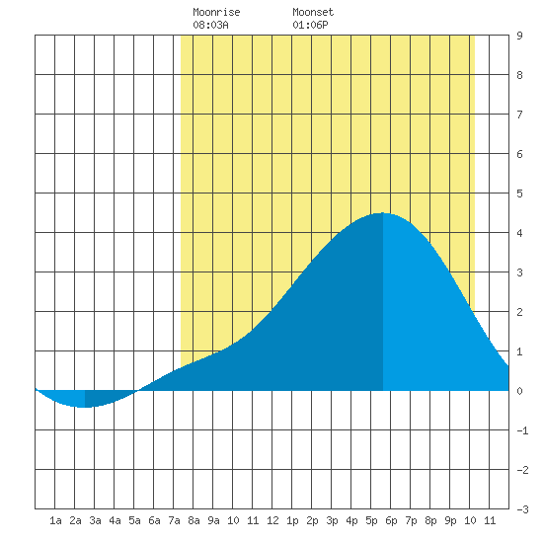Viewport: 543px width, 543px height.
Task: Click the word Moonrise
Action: click(x=216, y=12)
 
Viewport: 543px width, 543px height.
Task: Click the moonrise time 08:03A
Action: click(x=210, y=25)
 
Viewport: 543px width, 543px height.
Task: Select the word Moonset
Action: click(x=313, y=12)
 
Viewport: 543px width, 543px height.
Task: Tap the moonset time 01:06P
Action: click(x=310, y=25)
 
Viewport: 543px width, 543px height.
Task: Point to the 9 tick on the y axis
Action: click(x=519, y=36)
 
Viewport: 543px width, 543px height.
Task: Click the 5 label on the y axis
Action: click(x=519, y=194)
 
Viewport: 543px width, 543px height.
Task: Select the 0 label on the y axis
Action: click(x=519, y=391)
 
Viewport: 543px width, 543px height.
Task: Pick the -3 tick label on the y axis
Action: click(x=522, y=509)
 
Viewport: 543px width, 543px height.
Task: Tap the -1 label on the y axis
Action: click(x=522, y=430)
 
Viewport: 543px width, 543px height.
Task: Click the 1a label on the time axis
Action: click(x=55, y=520)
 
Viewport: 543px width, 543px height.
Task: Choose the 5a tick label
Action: click(x=134, y=520)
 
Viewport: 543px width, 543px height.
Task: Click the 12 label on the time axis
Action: click(x=272, y=520)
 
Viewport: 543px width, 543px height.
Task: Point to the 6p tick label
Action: click(x=391, y=520)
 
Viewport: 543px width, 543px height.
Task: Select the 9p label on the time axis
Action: click(x=450, y=520)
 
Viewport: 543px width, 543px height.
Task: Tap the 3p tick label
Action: click(x=332, y=520)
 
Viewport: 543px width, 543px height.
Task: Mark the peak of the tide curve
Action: click(x=383, y=212)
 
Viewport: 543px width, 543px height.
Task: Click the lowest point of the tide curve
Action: click(x=84, y=407)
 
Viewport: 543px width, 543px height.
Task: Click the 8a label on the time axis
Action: click(x=194, y=520)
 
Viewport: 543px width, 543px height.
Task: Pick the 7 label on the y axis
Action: click(x=519, y=115)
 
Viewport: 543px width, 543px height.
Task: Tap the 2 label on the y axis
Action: click(x=519, y=312)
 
